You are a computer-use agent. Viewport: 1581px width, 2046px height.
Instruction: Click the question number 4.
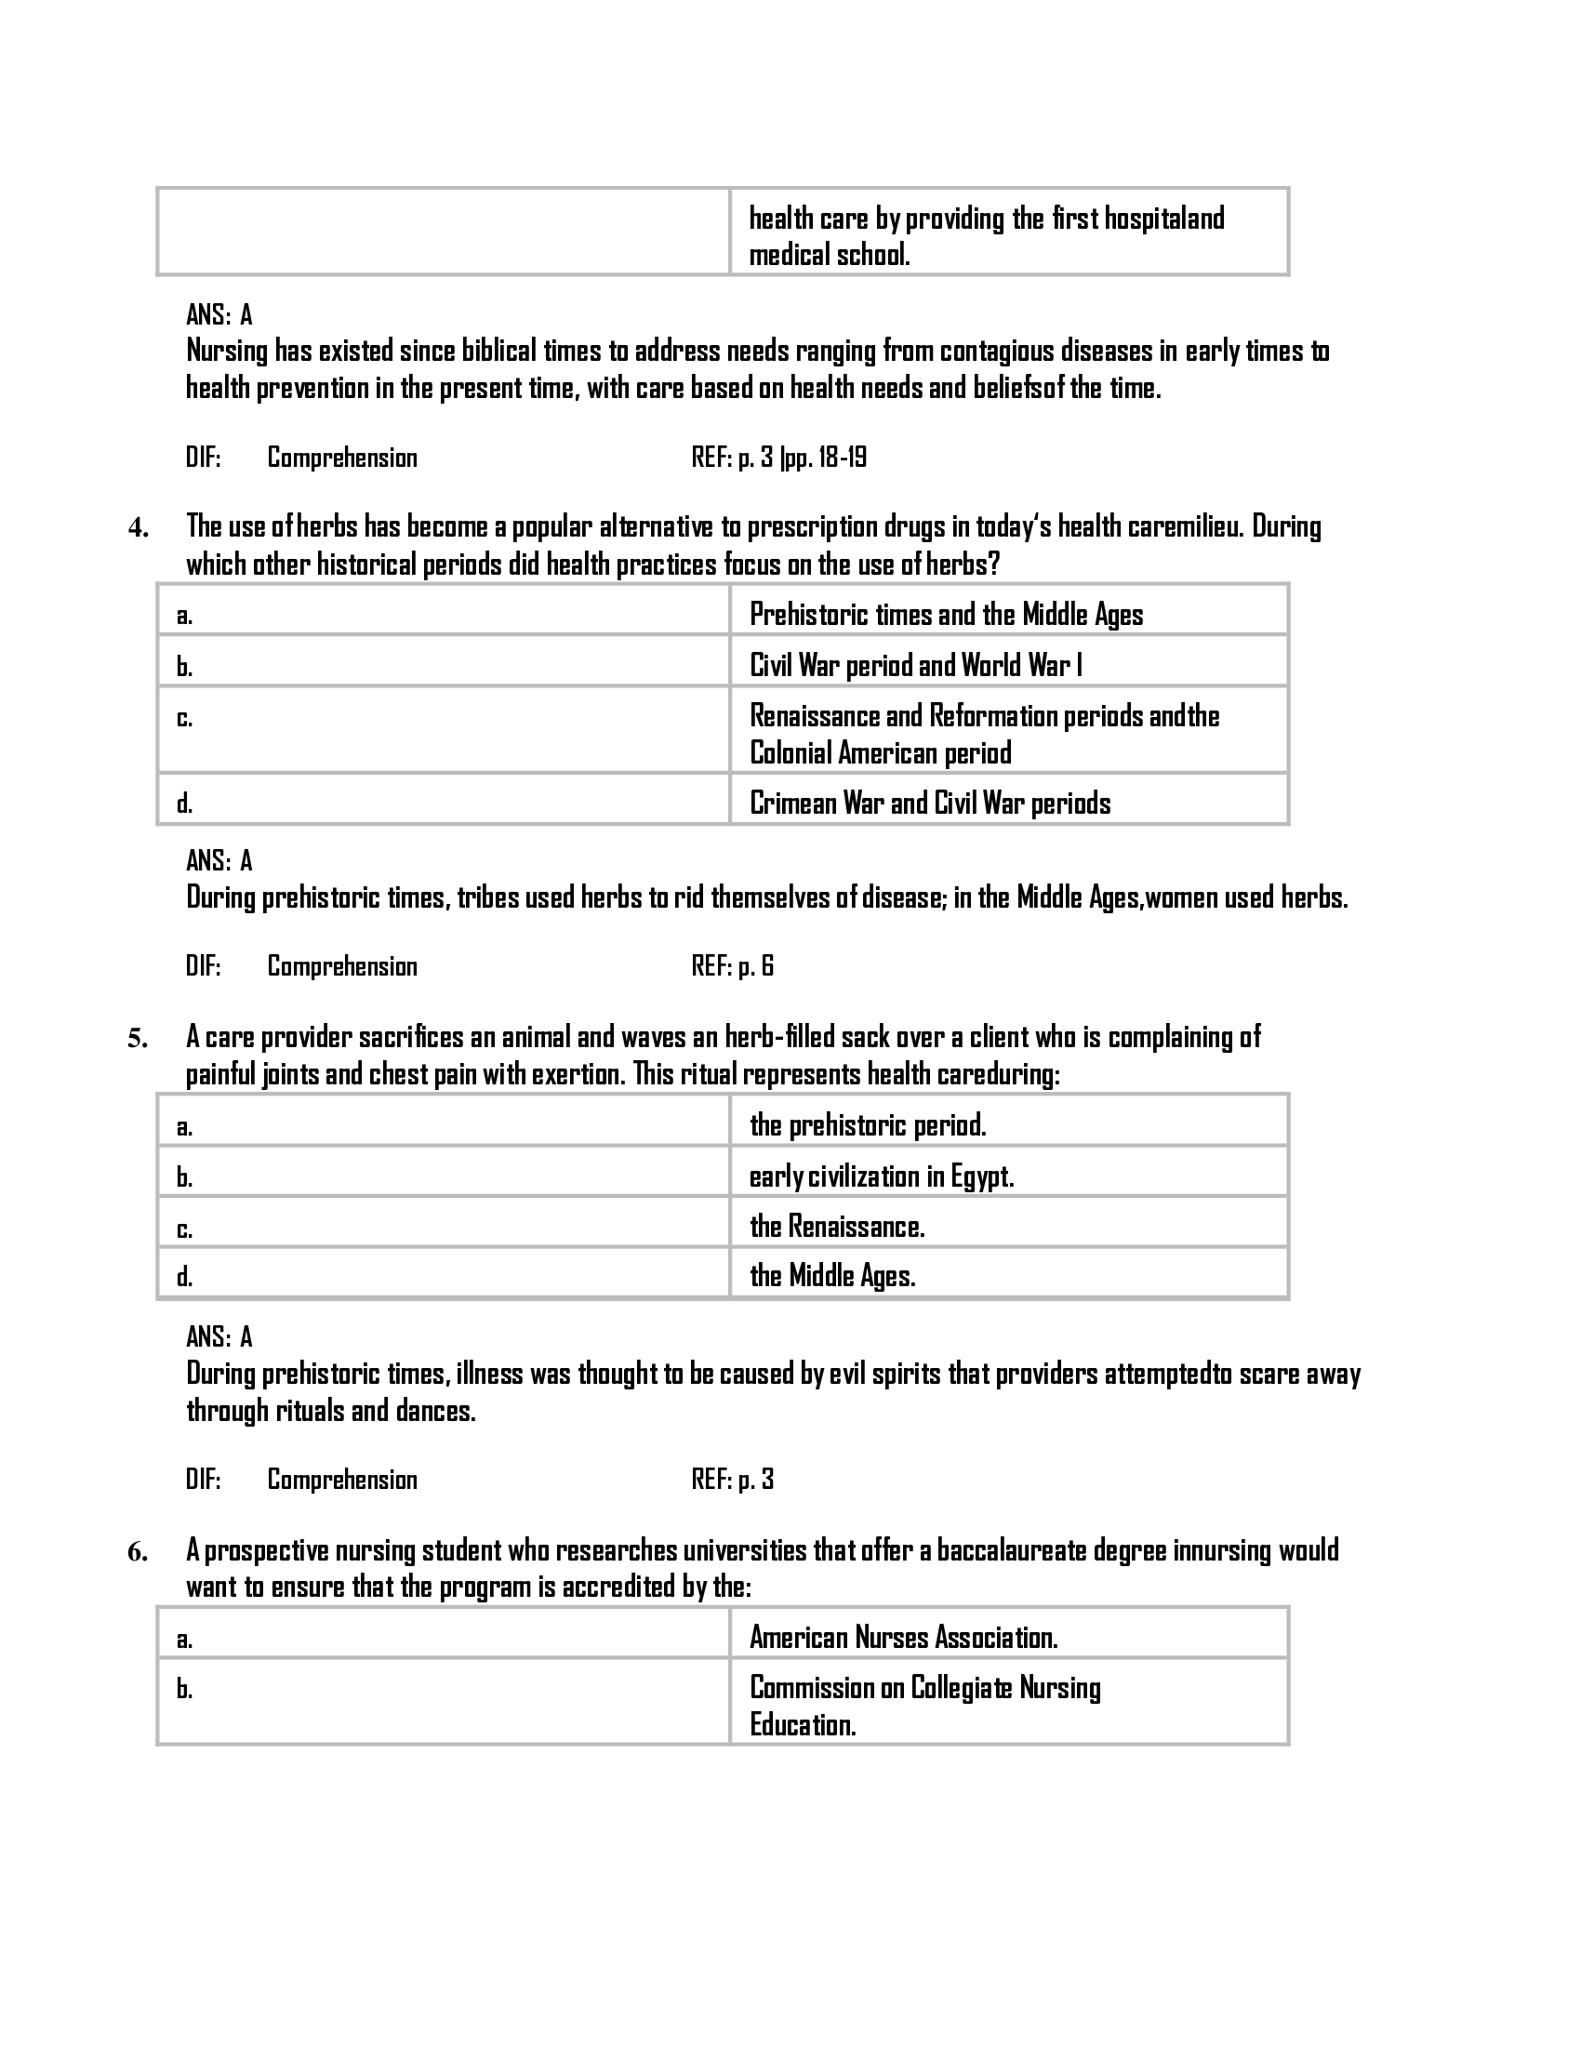[x=138, y=529]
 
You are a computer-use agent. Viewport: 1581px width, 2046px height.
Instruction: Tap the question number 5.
[x=138, y=1039]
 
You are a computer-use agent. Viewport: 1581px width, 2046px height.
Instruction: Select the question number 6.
[x=138, y=1552]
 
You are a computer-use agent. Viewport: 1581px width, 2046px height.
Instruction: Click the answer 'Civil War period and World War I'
[x=915, y=665]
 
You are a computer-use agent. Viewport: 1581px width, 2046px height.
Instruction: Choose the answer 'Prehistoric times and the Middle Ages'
[x=946, y=615]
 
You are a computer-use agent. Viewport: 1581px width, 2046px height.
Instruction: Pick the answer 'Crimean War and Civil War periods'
[x=930, y=803]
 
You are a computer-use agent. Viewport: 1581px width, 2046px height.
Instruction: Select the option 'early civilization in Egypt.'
[x=882, y=1176]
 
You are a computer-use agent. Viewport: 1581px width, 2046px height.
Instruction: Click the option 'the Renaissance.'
[x=837, y=1227]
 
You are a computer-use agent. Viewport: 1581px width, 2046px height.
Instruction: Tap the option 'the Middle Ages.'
[x=832, y=1276]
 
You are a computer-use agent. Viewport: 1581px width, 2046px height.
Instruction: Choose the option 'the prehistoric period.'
[x=868, y=1125]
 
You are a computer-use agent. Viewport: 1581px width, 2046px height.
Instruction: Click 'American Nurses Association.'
[x=904, y=1638]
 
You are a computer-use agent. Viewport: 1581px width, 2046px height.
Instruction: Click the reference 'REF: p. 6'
[x=733, y=966]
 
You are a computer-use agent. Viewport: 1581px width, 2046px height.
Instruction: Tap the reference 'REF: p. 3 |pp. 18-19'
[x=778, y=458]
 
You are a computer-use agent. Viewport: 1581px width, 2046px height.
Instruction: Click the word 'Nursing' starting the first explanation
[x=227, y=352]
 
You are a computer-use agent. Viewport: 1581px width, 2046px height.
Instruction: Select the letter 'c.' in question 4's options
[x=184, y=719]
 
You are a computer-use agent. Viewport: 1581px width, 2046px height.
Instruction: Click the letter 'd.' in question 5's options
[x=184, y=1277]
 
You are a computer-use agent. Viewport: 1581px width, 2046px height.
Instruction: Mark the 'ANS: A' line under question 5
[x=219, y=1336]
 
